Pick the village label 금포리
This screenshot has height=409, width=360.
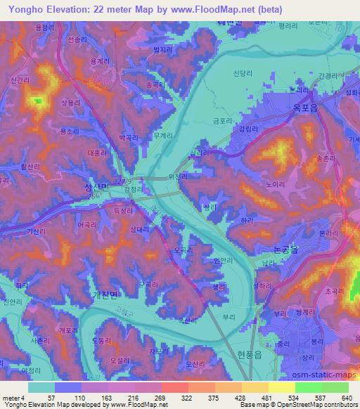pyautogui.click(x=223, y=120)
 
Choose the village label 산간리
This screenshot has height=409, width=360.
pyautogui.click(x=20, y=82)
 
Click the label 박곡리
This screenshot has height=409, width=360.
pyautogui.click(x=131, y=138)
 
